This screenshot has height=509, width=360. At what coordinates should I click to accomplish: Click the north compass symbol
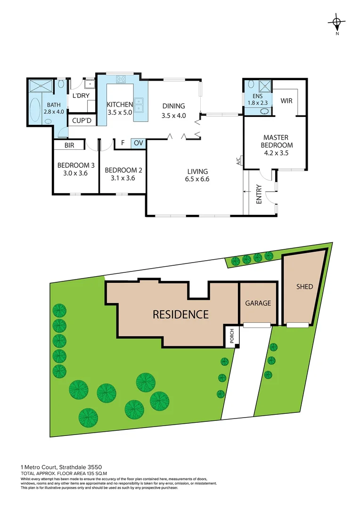click(x=336, y=23)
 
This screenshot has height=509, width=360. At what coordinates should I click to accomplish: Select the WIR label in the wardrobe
click(x=286, y=101)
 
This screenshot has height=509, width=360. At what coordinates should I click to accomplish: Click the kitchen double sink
click(x=139, y=105)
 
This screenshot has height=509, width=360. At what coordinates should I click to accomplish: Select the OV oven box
click(x=138, y=142)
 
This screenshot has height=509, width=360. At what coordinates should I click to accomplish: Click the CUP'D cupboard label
click(x=82, y=120)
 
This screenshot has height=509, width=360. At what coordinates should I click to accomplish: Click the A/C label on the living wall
click(x=238, y=162)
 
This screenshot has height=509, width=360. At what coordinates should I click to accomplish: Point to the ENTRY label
click(x=259, y=196)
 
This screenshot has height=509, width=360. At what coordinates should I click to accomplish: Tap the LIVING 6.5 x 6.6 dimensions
click(x=197, y=179)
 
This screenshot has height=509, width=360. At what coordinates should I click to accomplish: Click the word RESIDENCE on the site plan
click(x=180, y=314)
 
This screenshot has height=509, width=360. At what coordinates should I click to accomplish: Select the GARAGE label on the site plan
click(x=258, y=303)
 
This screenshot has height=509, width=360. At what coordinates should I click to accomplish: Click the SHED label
click(x=304, y=287)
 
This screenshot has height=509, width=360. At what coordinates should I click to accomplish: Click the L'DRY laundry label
click(x=81, y=96)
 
